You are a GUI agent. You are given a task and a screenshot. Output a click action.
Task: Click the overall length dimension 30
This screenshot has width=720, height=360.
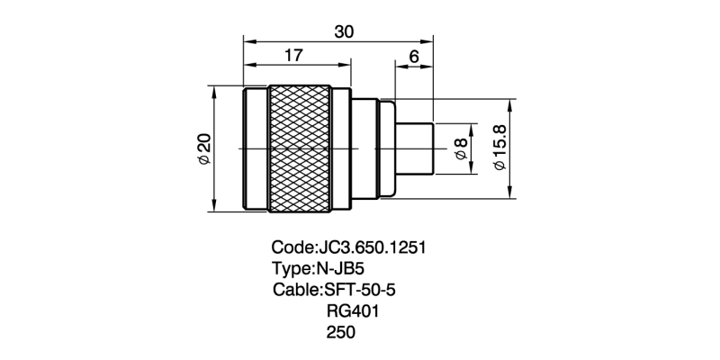(343, 30)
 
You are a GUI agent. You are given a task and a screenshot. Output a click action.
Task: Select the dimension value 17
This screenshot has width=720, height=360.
(293, 55)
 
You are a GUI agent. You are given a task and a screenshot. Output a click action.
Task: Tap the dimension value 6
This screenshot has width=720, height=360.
(413, 55)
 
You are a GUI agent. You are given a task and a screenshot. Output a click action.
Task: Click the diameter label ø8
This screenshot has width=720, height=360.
(461, 148)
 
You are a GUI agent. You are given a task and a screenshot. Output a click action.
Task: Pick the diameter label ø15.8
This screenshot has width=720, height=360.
(499, 148)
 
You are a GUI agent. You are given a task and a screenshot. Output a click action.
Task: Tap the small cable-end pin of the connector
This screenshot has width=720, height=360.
(416, 148)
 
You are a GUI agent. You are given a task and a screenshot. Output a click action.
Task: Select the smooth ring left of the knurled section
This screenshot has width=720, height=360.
(256, 148)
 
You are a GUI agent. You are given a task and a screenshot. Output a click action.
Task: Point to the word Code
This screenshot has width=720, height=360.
(291, 247)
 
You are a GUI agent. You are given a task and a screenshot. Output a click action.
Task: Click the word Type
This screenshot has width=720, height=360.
(290, 268)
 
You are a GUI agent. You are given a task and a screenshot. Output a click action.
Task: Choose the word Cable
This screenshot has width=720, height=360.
(294, 290)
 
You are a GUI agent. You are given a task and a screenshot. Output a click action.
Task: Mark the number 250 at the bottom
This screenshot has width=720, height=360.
(341, 333)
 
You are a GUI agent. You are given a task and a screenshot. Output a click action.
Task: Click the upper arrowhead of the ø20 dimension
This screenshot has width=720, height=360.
(215, 92)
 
